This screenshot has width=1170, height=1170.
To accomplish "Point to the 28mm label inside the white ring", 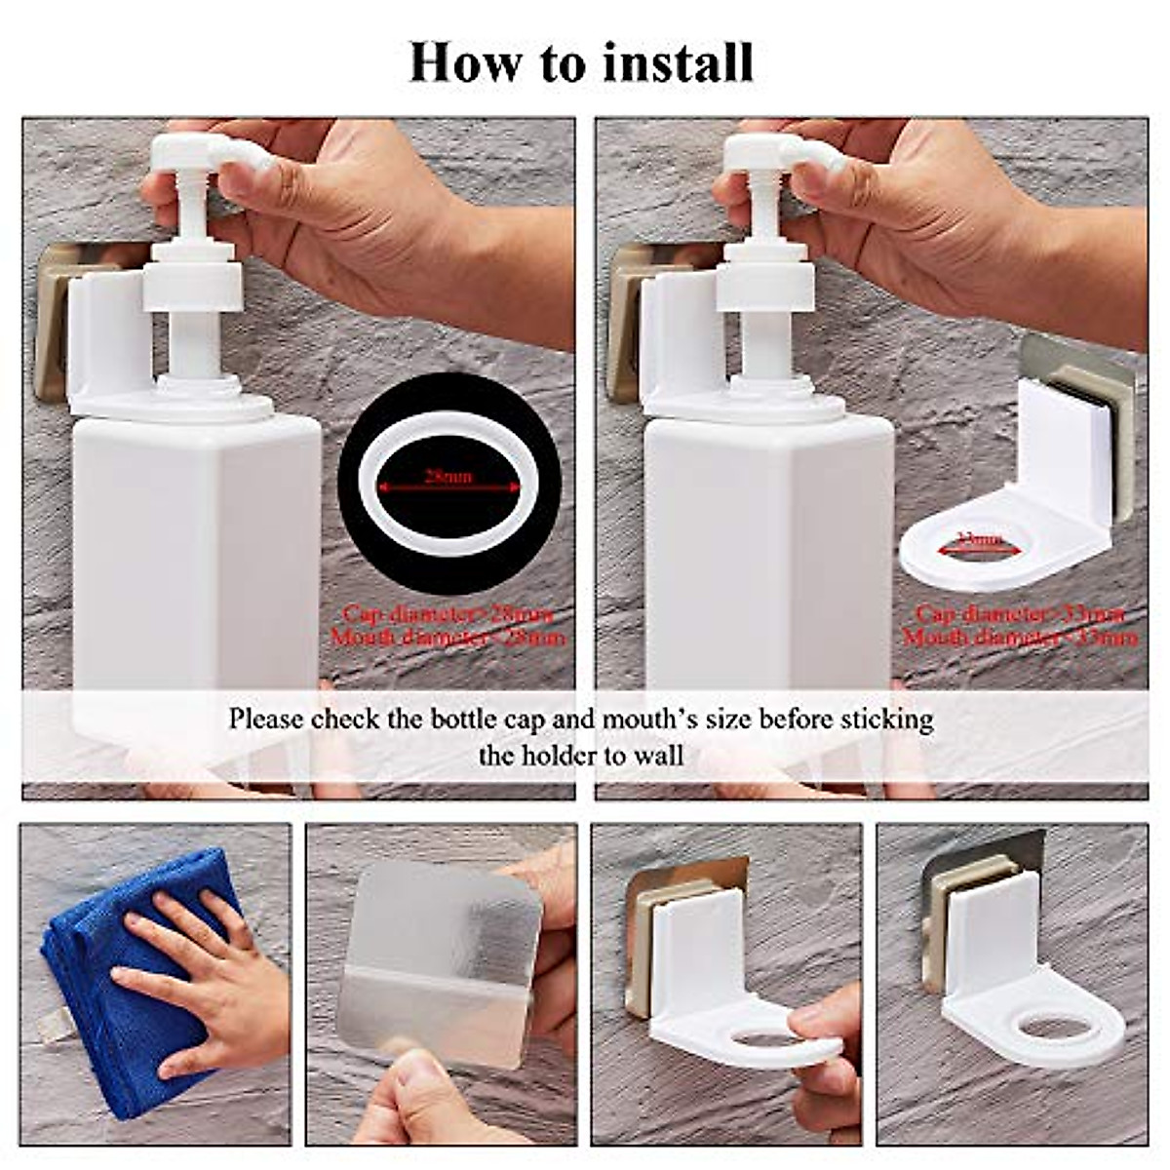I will (x=448, y=477).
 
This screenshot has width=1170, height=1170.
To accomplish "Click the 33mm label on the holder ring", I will (x=980, y=540).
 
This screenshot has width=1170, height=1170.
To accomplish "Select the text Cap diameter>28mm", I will (x=448, y=614).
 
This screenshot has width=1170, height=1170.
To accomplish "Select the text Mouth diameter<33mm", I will (x=1019, y=639).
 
